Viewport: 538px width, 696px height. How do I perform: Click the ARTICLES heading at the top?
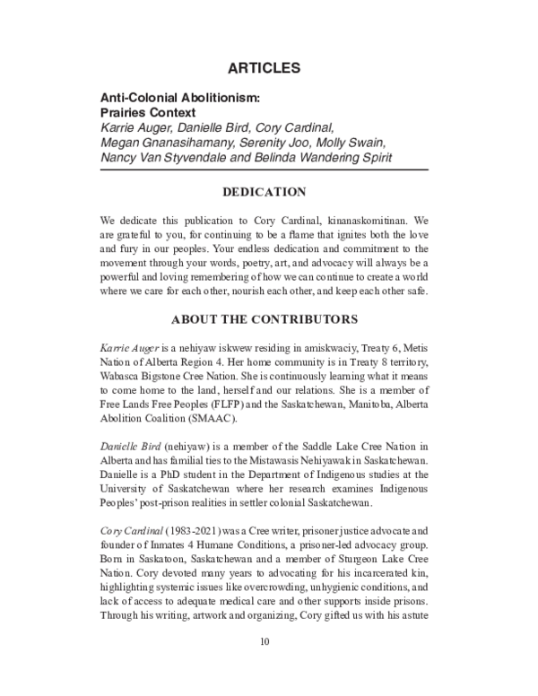[x=268, y=68]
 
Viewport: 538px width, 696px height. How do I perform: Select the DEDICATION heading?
[x=268, y=191]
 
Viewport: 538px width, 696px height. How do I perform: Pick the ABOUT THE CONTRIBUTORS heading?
[x=268, y=318]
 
